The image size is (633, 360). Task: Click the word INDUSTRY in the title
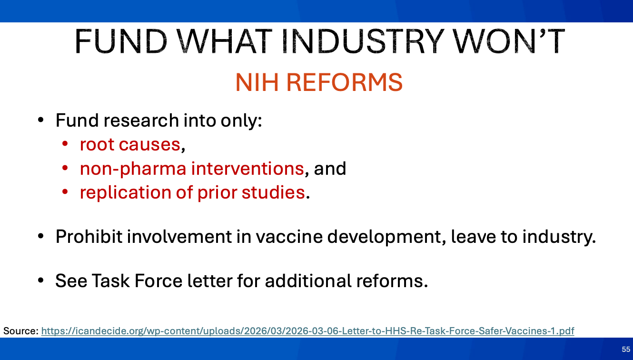pyautogui.click(x=363, y=41)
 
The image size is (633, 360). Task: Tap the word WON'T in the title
pyautogui.click(x=509, y=41)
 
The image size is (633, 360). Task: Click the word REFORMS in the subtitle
pyautogui.click(x=345, y=82)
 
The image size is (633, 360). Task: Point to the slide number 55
pyautogui.click(x=626, y=349)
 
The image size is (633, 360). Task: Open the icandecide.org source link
pyautogui.click(x=308, y=330)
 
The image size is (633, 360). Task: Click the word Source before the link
pyautogui.click(x=20, y=330)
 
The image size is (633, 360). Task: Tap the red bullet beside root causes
pyautogui.click(x=65, y=144)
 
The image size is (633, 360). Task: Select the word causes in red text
pyautogui.click(x=149, y=145)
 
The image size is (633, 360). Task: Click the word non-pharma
pyautogui.click(x=133, y=170)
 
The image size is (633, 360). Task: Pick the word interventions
pyautogui.click(x=247, y=169)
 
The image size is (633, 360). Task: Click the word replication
pyautogui.click(x=126, y=193)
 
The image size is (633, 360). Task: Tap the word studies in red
pyautogui.click(x=273, y=192)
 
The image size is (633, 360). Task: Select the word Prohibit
pyautogui.click(x=89, y=236)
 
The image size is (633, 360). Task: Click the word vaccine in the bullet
pyautogui.click(x=289, y=236)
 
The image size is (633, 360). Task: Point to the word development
pyautogui.click(x=386, y=237)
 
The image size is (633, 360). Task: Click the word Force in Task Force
pyautogui.click(x=158, y=281)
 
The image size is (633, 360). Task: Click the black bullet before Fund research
pyautogui.click(x=41, y=120)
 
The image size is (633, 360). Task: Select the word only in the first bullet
pyautogui.click(x=241, y=121)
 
